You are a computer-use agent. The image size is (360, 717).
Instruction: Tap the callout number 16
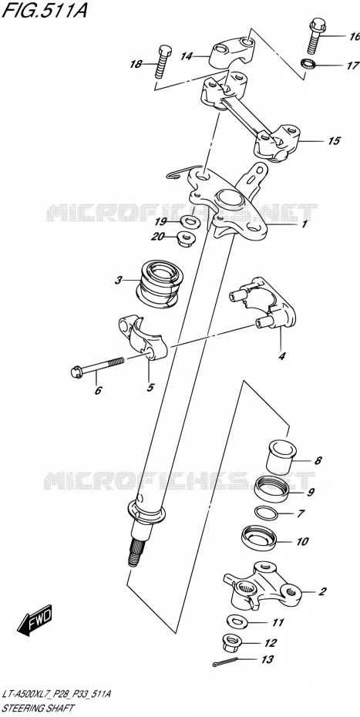coord(354,36)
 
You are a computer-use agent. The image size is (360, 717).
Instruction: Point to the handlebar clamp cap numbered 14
coord(231,53)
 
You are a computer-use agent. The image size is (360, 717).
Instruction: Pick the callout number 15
coord(334,141)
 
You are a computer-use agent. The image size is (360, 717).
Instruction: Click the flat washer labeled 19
coord(188,222)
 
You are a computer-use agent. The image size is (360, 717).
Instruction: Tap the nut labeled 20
coord(185,238)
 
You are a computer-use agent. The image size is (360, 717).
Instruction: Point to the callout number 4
coord(282,355)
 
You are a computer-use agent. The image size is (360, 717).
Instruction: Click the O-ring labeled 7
coord(267,513)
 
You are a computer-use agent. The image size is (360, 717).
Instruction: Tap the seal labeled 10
coord(258,540)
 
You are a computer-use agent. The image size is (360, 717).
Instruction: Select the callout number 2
coord(322,591)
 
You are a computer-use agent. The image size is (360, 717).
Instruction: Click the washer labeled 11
coord(237,622)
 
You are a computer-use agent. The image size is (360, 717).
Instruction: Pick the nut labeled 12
coord(234,641)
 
